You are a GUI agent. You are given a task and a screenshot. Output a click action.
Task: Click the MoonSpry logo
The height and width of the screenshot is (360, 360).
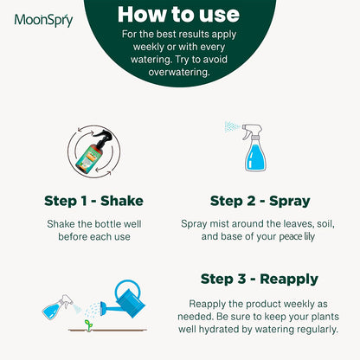[43, 20]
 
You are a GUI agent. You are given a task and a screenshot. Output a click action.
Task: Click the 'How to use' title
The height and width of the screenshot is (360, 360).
[178, 15]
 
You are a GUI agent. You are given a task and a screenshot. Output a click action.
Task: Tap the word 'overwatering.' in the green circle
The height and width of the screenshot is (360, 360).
[179, 72]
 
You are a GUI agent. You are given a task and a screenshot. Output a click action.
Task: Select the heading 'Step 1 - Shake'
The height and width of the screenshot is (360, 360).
[93, 201]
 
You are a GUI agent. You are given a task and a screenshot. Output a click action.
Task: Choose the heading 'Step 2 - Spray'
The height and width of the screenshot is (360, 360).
[260, 201]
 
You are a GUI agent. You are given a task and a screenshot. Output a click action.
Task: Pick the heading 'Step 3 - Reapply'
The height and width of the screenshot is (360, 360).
[260, 280]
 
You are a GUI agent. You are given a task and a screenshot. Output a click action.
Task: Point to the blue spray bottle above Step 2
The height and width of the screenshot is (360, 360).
[254, 148]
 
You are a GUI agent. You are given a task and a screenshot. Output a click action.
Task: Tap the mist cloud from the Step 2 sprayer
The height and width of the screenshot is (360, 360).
[232, 126]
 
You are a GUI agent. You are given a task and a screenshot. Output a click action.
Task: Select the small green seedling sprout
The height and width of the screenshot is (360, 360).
[88, 325]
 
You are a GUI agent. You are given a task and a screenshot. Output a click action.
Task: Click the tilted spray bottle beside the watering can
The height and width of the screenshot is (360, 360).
[58, 306]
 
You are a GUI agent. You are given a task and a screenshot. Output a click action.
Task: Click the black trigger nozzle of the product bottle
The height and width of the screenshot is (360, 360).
[104, 136]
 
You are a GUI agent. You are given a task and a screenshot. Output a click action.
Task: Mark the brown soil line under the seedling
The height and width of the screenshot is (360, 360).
[107, 331]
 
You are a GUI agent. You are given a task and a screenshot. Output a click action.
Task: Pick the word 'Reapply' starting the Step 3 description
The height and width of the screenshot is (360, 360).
[207, 304]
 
